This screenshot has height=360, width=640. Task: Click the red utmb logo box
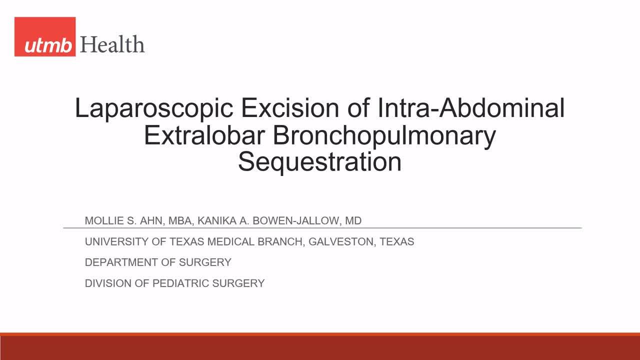point(45,36)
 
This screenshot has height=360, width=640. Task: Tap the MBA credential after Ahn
point(173,220)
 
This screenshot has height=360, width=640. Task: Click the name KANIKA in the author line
point(209,220)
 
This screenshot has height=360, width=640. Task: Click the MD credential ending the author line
point(353,220)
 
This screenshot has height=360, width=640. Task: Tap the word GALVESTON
point(340,241)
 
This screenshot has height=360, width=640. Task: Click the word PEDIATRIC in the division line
point(180,283)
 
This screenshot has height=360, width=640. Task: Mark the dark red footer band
point(320,348)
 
